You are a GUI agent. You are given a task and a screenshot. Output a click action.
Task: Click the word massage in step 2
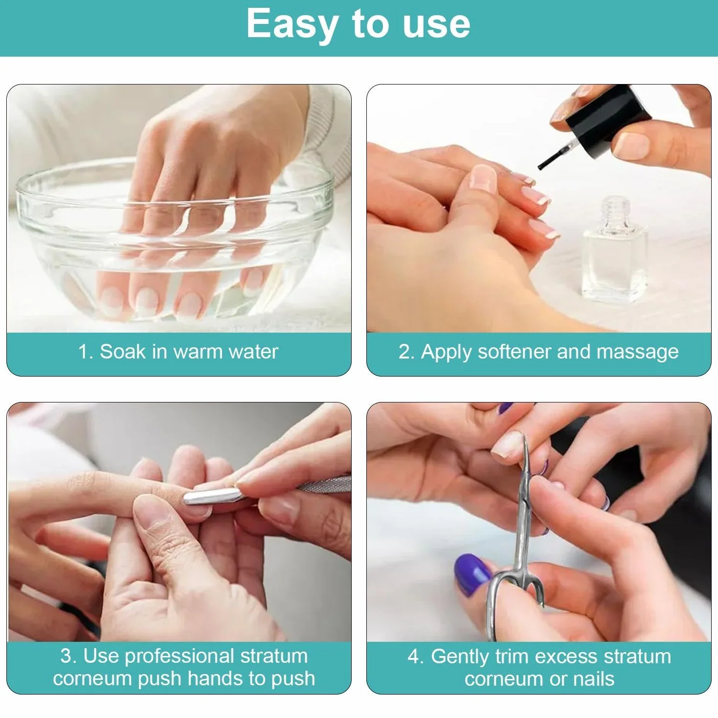pyautogui.click(x=637, y=353)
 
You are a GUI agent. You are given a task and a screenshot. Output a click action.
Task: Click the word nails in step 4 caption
pyautogui.click(x=593, y=679)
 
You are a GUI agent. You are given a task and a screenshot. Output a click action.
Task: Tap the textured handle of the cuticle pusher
pyautogui.click(x=324, y=485)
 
